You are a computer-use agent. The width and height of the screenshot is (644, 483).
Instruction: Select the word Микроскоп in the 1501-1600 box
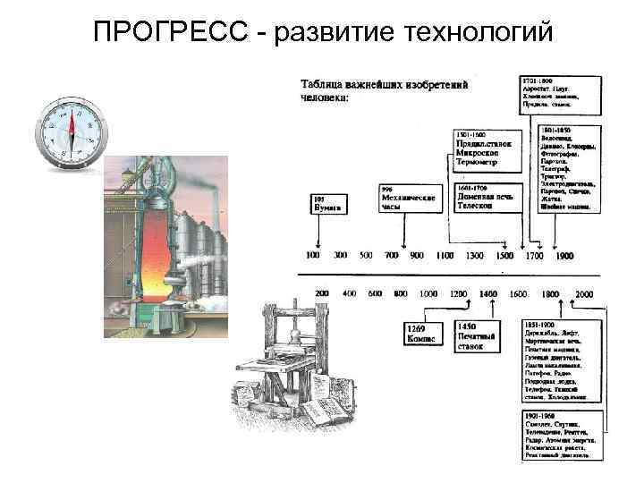tap(480, 152)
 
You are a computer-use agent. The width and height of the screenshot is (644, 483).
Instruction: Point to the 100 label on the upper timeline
tap(314, 256)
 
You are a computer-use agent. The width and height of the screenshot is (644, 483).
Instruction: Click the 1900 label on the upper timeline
tap(564, 256)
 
